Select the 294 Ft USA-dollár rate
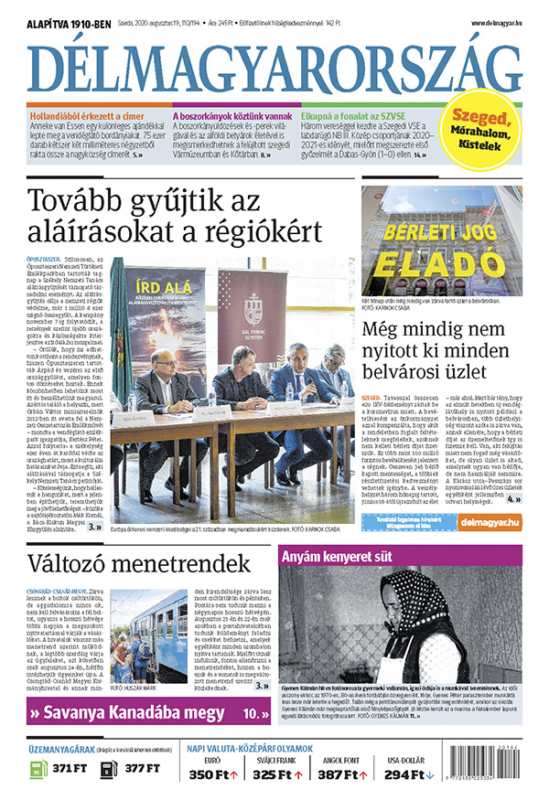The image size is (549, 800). pos(408,774)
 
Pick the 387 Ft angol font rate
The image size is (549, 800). pos(341,774)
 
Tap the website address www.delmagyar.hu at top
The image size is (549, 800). pos(497,22)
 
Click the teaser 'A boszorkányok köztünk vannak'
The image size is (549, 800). pos(232,116)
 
